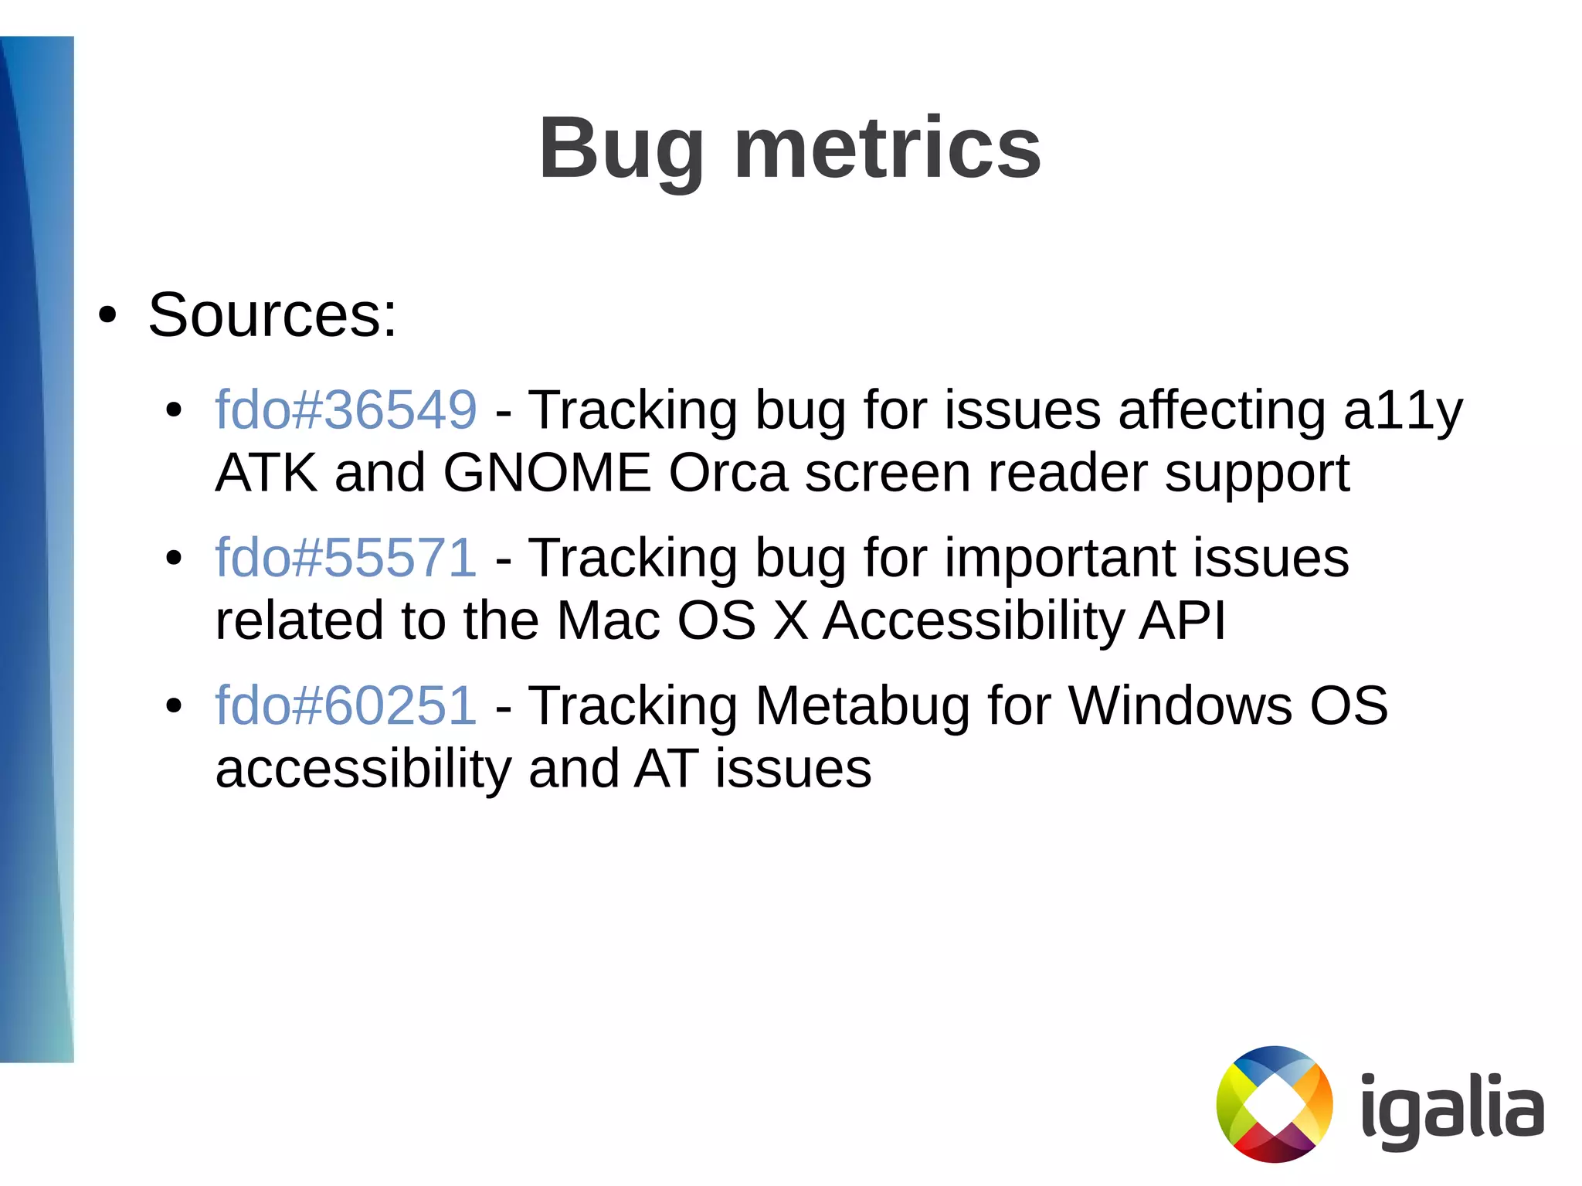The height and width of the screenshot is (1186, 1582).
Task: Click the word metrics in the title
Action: pos(887,148)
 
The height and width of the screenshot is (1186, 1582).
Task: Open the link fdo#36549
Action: pos(346,409)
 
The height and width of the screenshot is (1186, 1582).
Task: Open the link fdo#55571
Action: pos(346,557)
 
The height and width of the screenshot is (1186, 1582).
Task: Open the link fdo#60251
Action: pos(346,705)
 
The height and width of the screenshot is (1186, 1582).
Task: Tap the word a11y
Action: pos(1402,411)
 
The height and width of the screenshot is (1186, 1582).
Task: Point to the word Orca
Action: pos(728,473)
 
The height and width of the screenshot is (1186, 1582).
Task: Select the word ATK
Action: pos(266,473)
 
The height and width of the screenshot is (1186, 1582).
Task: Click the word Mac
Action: pos(608,620)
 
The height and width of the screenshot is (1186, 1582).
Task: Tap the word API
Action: pos(1182,620)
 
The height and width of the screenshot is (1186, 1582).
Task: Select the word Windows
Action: pos(1180,705)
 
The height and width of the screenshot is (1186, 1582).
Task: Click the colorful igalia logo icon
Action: pos(1275,1104)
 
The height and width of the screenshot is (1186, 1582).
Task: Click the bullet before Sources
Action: pos(107,316)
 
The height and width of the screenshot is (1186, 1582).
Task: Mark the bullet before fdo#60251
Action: pos(174,705)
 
